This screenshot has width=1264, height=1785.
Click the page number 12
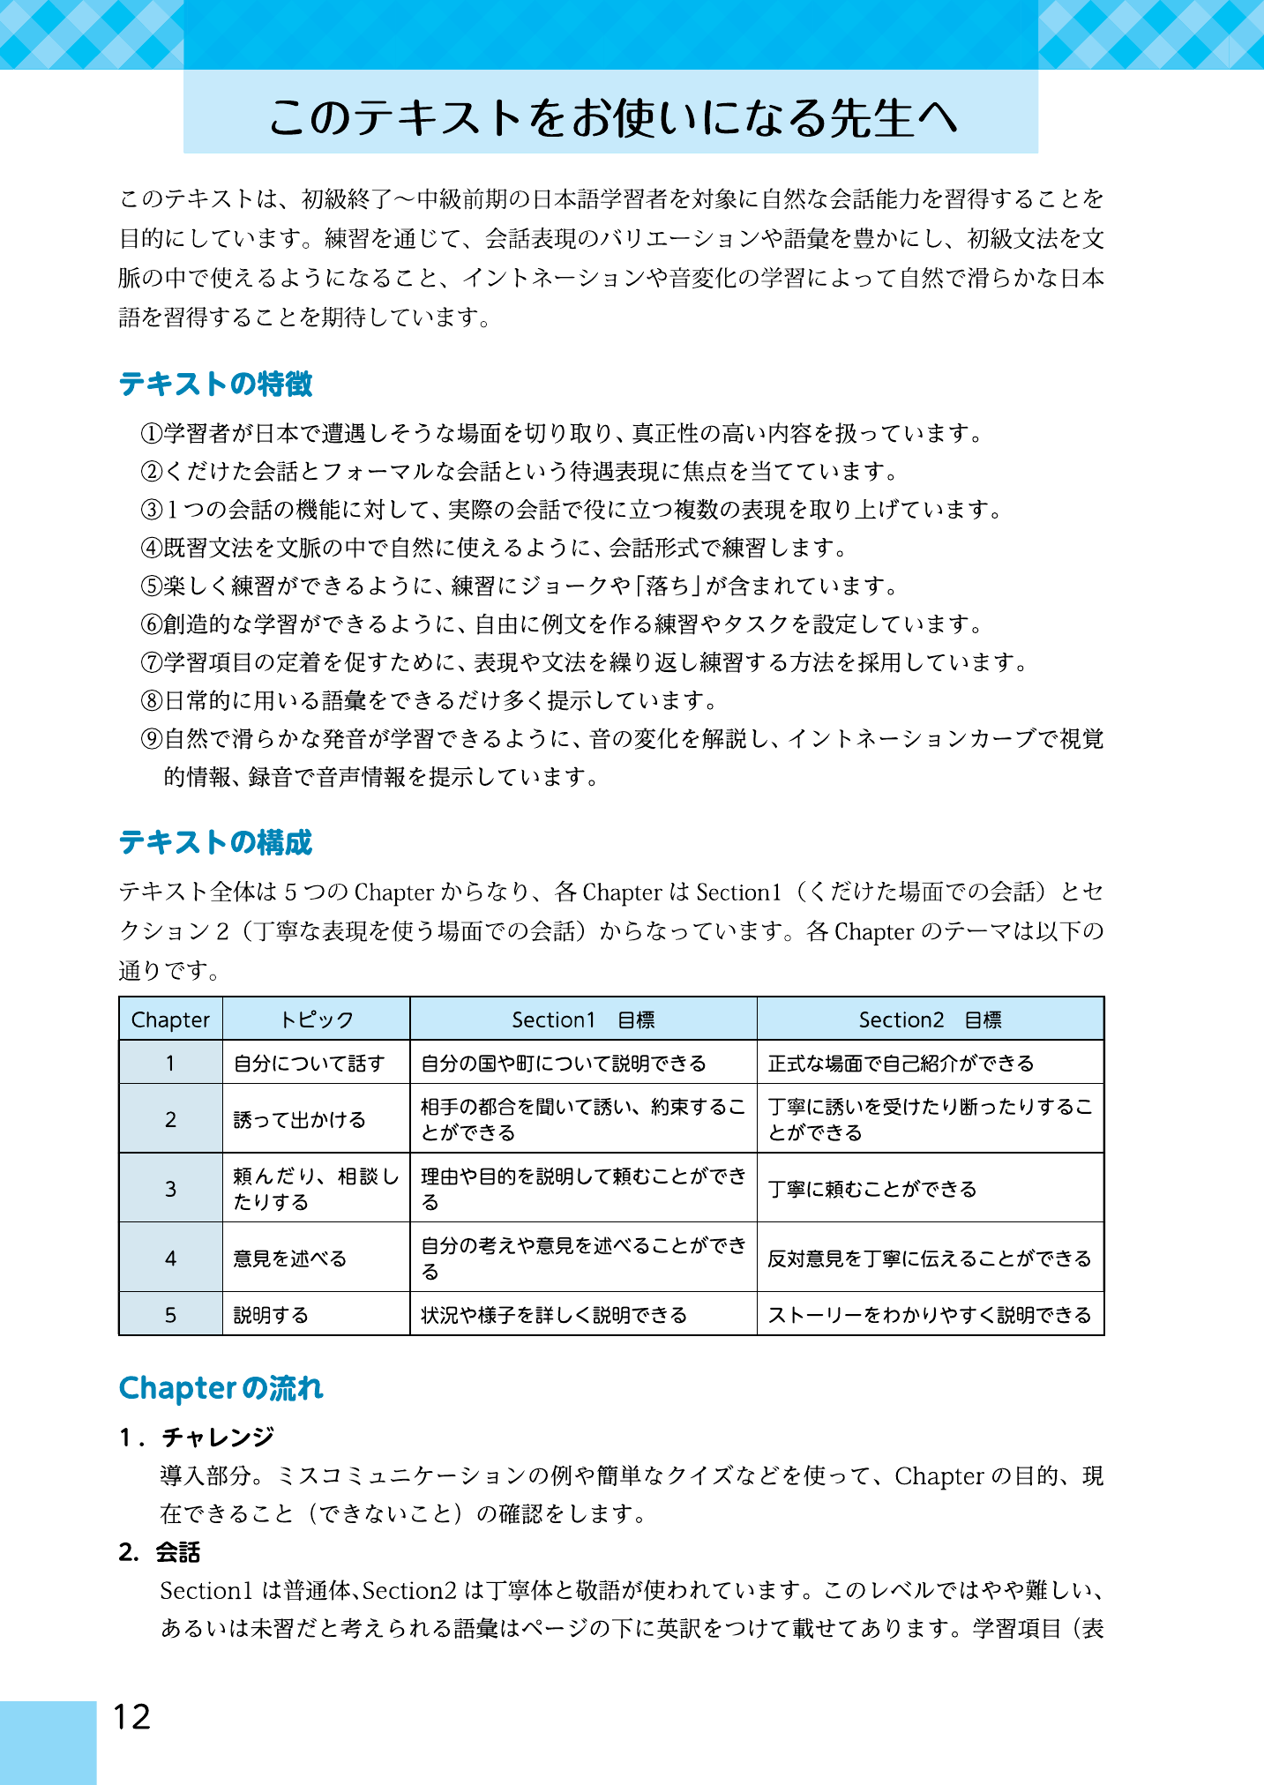(x=131, y=1716)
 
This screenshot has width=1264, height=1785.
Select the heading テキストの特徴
(x=216, y=384)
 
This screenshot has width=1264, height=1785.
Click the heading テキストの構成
(x=216, y=842)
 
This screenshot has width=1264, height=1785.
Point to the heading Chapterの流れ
(x=221, y=1388)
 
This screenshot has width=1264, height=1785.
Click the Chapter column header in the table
(x=170, y=1019)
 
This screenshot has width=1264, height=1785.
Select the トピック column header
(x=316, y=1019)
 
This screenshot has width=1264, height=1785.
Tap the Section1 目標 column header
(x=583, y=1019)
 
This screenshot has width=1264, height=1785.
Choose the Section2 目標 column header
(x=930, y=1019)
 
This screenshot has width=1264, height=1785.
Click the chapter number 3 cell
(x=170, y=1188)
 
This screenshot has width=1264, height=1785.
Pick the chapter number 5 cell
(x=170, y=1314)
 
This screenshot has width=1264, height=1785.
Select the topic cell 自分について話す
(x=309, y=1063)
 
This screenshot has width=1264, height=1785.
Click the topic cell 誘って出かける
(x=299, y=1119)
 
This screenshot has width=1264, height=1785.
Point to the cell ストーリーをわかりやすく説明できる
(x=929, y=1314)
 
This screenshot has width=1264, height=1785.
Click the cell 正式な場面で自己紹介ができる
(x=901, y=1063)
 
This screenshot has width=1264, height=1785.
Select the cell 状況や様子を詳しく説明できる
(x=554, y=1314)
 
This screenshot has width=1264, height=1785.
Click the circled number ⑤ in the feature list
(x=152, y=586)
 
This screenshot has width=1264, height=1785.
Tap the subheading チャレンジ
(x=218, y=1438)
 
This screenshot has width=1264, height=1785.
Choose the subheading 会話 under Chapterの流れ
(x=178, y=1552)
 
